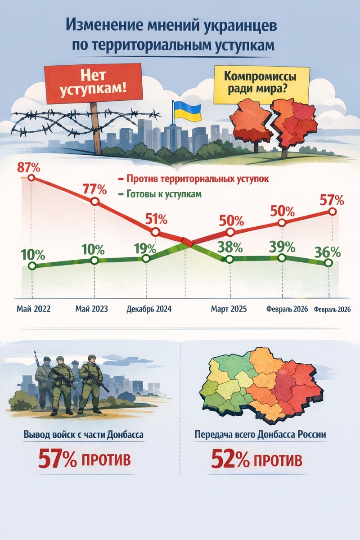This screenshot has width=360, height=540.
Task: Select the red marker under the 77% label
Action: coord(94,202)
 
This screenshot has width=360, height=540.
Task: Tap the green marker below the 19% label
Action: coord(146,259)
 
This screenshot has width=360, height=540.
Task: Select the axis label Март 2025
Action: coord(229,310)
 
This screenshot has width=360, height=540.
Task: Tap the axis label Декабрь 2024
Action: coord(150,310)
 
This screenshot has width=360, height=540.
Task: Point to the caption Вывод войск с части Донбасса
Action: coord(85,435)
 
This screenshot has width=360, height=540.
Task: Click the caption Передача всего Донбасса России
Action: coord(260,435)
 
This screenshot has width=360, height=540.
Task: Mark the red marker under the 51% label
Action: coord(155,232)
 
